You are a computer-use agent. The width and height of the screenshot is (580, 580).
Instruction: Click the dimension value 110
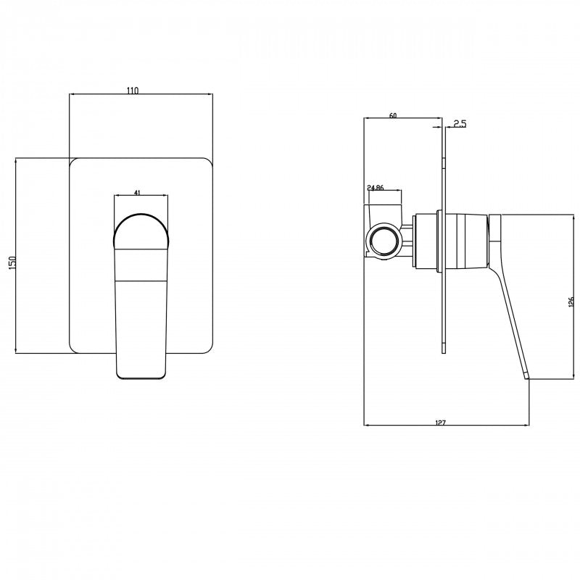click(x=132, y=90)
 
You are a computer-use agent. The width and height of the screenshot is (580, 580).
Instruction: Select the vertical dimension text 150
click(x=11, y=262)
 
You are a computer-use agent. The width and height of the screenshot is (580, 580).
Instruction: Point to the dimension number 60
click(x=393, y=115)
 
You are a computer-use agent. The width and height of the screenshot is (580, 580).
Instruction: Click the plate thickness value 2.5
click(x=459, y=123)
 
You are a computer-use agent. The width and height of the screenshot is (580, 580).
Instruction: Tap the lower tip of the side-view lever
click(x=526, y=375)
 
